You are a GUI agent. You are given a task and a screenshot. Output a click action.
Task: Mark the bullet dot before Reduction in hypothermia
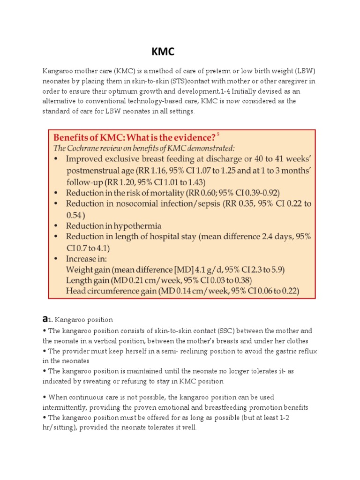pos(57,226)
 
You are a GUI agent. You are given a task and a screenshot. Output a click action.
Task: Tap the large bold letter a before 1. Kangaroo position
pos(45,319)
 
